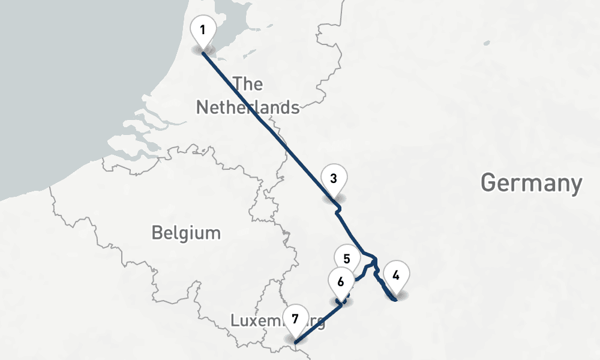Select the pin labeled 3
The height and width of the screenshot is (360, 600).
[x=334, y=179]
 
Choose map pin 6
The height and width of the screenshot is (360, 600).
[x=341, y=281]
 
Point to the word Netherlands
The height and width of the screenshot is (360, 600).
[x=248, y=107]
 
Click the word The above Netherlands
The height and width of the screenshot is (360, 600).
[x=248, y=84]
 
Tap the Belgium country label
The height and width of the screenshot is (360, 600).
[x=186, y=232]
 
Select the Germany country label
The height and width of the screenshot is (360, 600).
[x=532, y=183]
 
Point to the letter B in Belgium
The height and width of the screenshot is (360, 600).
[x=157, y=232]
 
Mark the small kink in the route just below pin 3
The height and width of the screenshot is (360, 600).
[x=339, y=209]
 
